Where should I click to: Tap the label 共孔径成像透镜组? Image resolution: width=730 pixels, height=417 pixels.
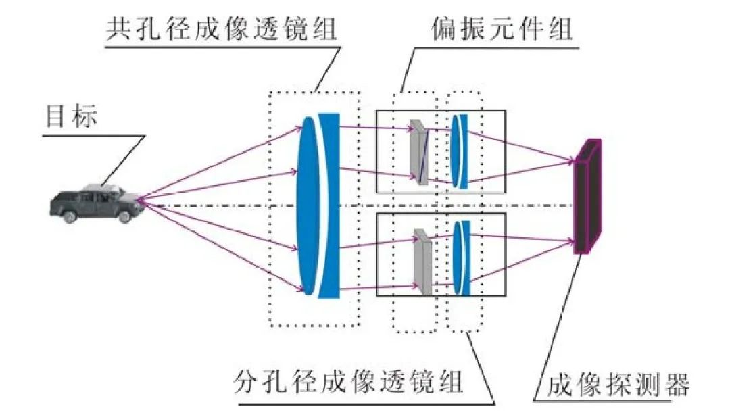(222, 29)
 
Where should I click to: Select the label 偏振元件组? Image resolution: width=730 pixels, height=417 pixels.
(502, 29)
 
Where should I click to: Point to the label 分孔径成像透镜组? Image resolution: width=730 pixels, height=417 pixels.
(349, 382)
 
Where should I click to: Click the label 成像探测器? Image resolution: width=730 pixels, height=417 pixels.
(618, 385)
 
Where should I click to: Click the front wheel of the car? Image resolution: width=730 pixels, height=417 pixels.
(124, 216)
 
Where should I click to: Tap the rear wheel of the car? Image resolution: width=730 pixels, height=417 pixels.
(70, 216)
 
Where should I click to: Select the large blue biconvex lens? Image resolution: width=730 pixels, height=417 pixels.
(308, 205)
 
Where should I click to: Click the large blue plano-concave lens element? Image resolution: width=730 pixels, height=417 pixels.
(330, 205)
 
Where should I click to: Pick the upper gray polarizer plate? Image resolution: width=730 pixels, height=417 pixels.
(418, 153)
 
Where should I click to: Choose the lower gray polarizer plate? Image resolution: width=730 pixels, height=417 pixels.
(422, 262)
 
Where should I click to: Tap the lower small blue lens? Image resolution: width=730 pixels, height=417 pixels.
(462, 257)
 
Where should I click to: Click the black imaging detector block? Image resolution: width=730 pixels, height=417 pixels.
(587, 197)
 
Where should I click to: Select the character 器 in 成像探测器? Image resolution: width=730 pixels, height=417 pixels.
(677, 385)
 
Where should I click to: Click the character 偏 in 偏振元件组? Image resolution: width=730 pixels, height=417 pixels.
(445, 29)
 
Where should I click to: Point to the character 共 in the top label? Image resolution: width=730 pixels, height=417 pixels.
(120, 29)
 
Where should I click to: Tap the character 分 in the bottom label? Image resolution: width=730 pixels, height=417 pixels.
(247, 382)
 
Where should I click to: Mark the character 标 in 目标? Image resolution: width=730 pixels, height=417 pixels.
(85, 116)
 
